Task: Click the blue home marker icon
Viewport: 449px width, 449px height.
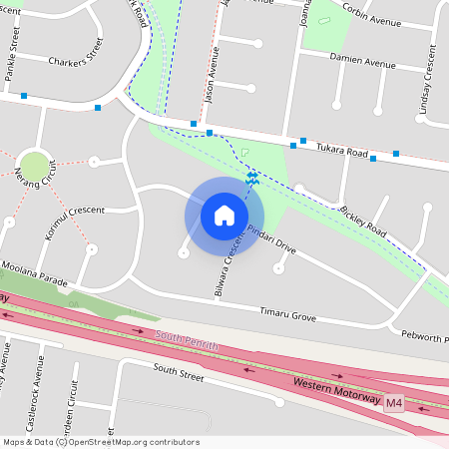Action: tap(224, 216)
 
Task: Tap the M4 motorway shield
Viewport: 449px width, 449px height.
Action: tap(394, 403)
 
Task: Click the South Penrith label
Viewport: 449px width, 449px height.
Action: tap(187, 344)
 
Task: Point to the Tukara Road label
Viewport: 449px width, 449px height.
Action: tap(343, 149)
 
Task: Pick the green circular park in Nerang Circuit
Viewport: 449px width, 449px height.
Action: tap(34, 166)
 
